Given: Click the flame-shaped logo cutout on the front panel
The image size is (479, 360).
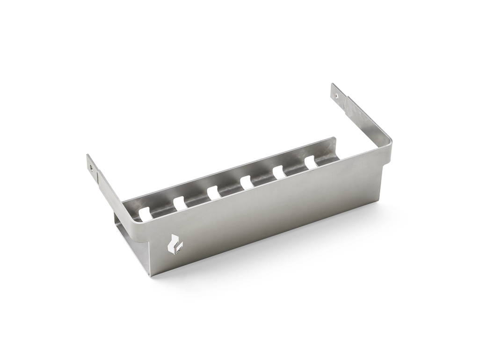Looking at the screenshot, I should click(175, 244).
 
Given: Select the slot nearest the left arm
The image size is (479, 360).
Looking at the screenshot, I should click(145, 213).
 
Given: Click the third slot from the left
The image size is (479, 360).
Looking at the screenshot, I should click(213, 192).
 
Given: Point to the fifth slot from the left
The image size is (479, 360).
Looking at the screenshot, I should click(279, 172).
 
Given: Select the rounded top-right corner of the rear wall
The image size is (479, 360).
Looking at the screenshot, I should click(334, 139).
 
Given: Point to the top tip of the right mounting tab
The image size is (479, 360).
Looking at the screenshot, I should click(333, 85).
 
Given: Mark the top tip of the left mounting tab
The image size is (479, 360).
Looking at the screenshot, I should click(87, 155).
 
